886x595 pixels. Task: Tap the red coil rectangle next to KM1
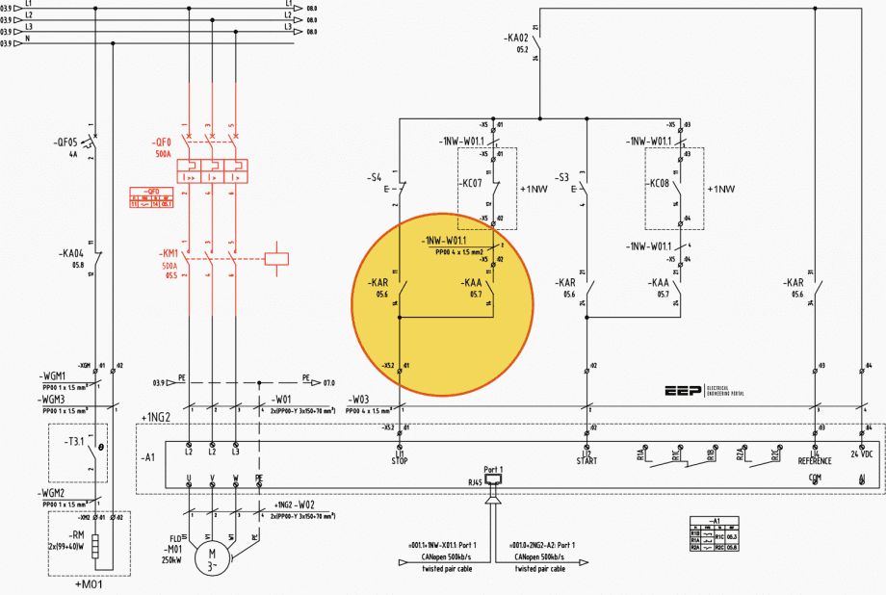277,256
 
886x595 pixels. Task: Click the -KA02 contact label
517,39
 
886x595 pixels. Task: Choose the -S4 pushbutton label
374,178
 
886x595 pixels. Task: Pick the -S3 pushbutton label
562,178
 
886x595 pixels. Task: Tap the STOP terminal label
398,460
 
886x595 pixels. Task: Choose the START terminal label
586,460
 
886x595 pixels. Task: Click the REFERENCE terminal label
815,460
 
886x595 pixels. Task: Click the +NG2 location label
156,417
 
